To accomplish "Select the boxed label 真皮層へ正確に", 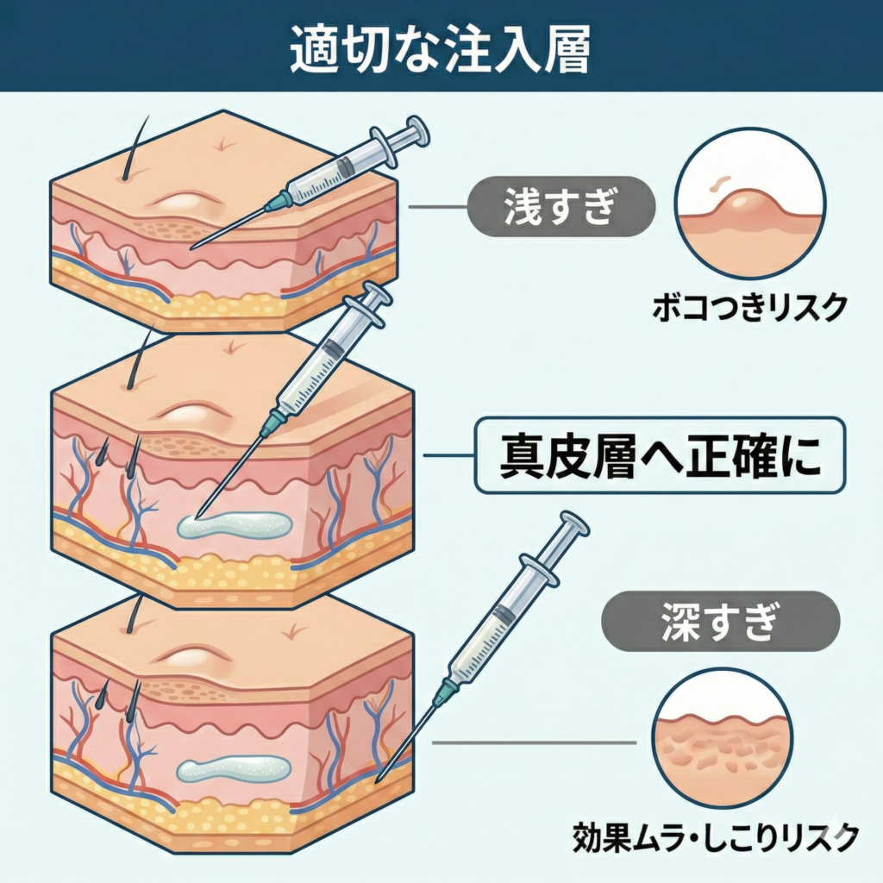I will click(661, 456).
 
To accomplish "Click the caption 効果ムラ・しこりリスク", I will click(715, 836).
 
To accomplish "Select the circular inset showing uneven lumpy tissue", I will click(722, 738).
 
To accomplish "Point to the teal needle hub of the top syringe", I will click(279, 202).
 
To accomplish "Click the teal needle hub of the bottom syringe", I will click(445, 691).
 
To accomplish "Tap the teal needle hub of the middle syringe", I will click(274, 420).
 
